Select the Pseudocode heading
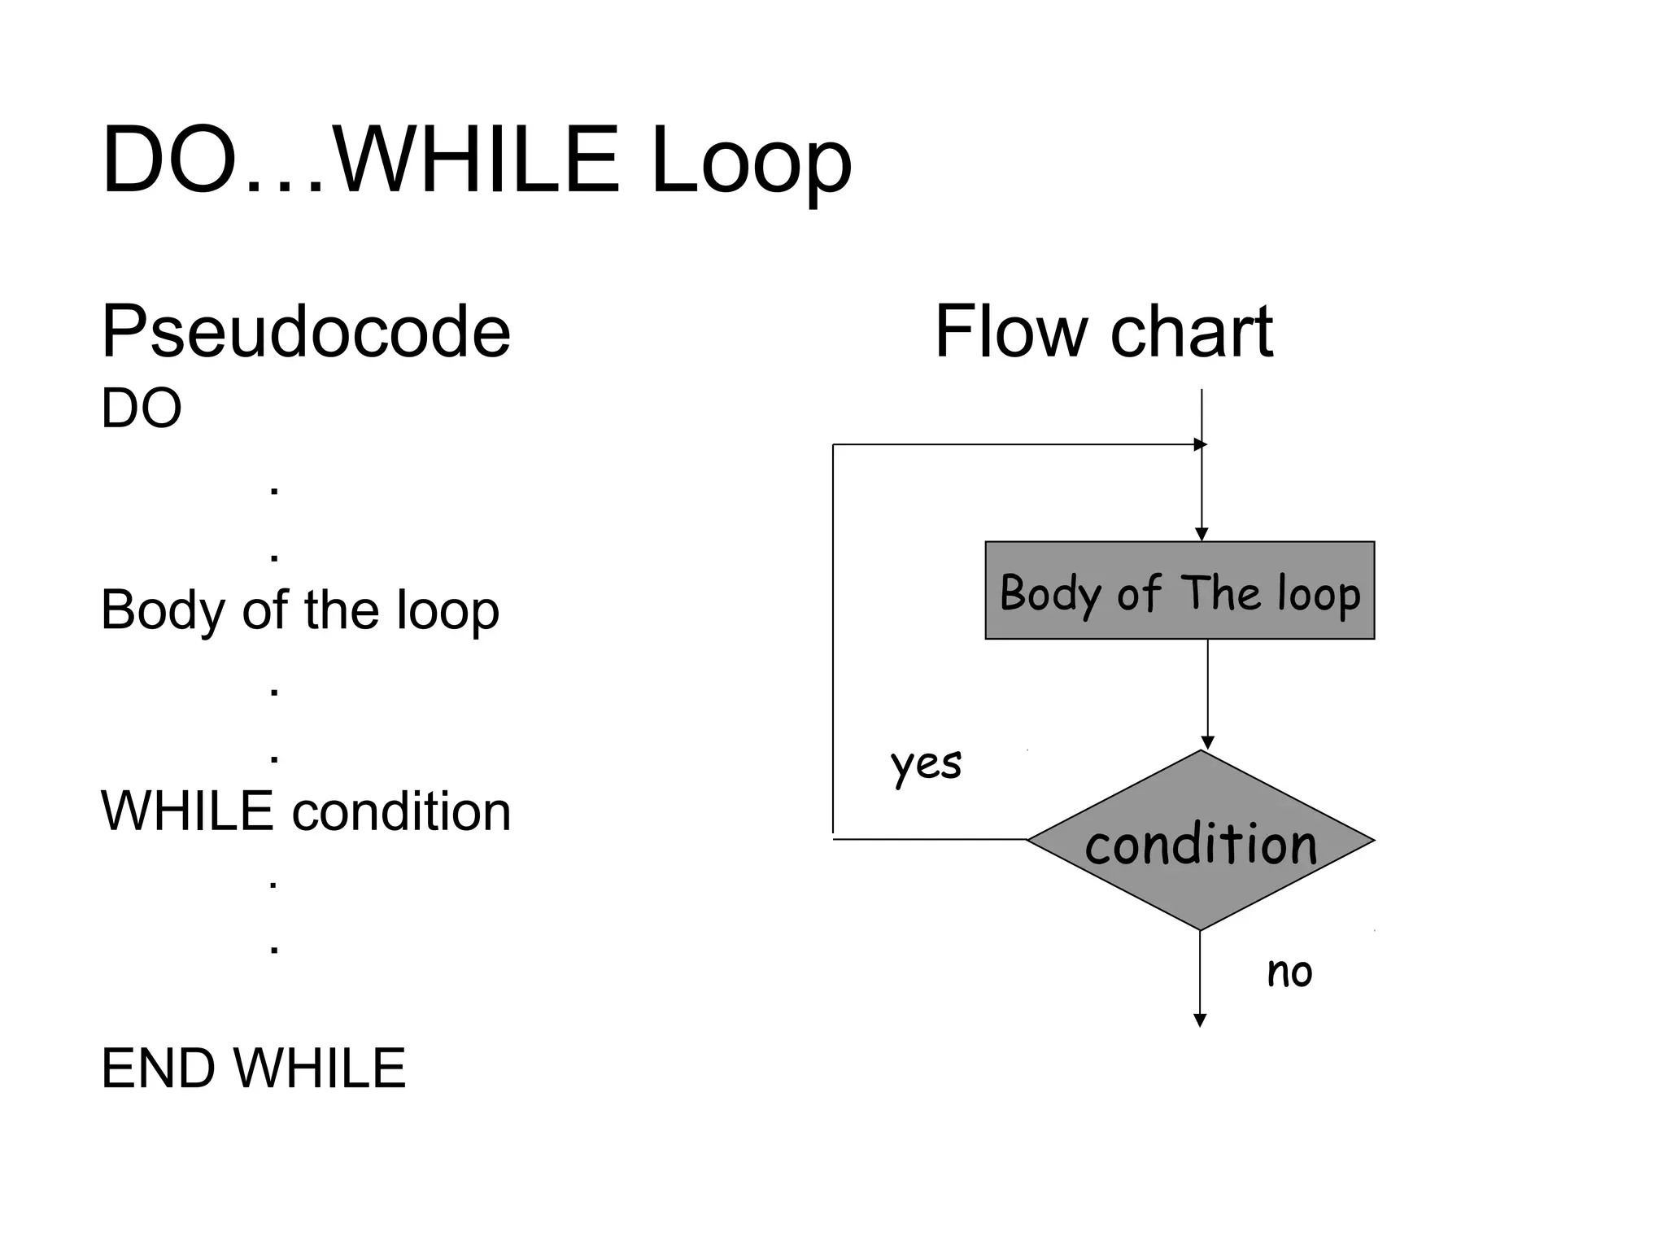pyautogui.click(x=306, y=332)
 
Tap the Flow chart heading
pyautogui.click(x=1103, y=332)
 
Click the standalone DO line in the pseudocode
pyautogui.click(x=141, y=409)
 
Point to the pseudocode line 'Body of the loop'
pyautogui.click(x=299, y=610)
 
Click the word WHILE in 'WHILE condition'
pyautogui.click(x=186, y=811)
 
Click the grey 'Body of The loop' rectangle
pyautogui.click(x=1179, y=591)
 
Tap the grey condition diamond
pyautogui.click(x=1201, y=841)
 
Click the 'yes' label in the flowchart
pyautogui.click(x=926, y=764)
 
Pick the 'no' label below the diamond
pyautogui.click(x=1289, y=972)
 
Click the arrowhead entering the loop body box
pyautogui.click(x=1202, y=535)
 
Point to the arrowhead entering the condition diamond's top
pyautogui.click(x=1207, y=743)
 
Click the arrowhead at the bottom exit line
pyautogui.click(x=1199, y=1021)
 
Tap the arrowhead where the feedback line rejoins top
pyautogui.click(x=1200, y=444)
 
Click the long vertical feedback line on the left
pyautogui.click(x=833, y=643)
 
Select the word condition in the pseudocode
pyautogui.click(x=401, y=811)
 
